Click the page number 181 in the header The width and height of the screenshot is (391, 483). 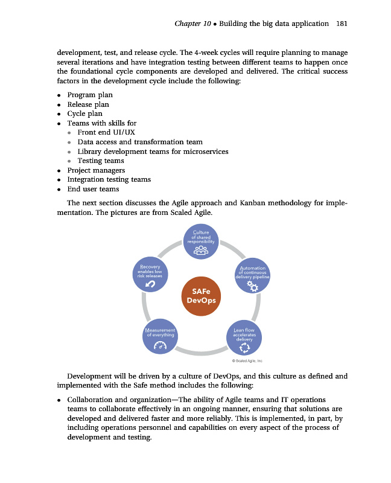[x=341, y=24]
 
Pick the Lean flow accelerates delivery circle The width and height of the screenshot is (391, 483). [x=244, y=337]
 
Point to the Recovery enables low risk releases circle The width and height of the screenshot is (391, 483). [x=150, y=275]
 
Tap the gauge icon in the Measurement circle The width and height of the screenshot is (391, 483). [x=160, y=346]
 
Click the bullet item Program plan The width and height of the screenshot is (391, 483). [x=90, y=95]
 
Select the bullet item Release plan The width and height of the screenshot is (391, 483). [x=88, y=104]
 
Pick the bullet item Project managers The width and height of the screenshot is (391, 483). [x=96, y=170]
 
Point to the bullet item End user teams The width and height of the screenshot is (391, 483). [x=93, y=189]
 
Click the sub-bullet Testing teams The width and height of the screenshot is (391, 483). [x=101, y=161]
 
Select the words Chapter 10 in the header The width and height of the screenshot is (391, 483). [x=192, y=24]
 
